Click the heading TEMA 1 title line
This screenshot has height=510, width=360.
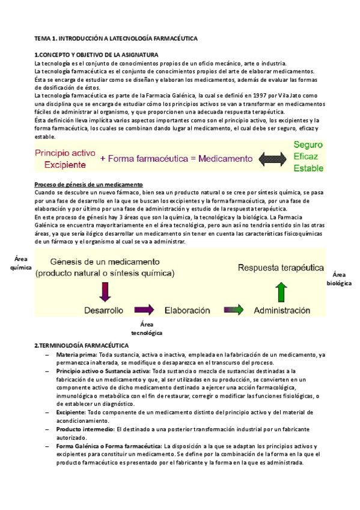click(x=115, y=38)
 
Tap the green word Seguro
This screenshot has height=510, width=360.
click(x=308, y=145)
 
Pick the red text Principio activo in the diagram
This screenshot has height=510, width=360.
click(x=65, y=153)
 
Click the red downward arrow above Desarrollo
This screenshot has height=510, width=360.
click(x=105, y=290)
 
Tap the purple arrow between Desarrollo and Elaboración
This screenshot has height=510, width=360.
click(x=145, y=310)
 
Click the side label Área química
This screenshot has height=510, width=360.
click(x=21, y=263)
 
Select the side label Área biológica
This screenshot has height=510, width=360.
click(x=339, y=277)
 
